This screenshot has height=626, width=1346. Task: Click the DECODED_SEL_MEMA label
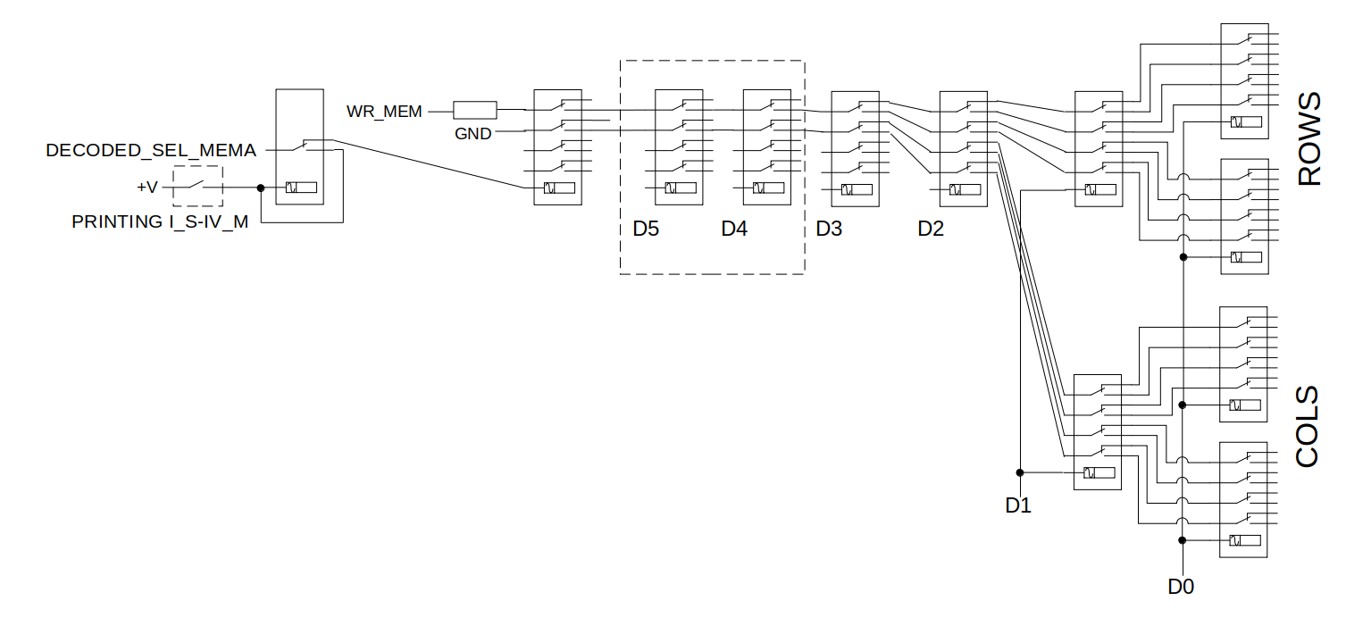151,150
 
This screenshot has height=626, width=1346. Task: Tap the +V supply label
147,188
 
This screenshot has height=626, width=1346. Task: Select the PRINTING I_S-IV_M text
160,221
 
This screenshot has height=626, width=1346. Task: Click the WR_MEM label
384,112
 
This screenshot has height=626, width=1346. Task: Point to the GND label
472,133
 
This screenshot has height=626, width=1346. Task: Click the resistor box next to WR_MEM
474,110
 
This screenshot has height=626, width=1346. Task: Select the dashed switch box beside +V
197,187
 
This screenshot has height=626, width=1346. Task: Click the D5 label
646,229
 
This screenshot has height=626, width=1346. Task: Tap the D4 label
734,229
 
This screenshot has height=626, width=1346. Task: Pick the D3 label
829,229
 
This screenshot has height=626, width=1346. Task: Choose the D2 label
931,229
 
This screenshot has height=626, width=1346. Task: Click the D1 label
1018,505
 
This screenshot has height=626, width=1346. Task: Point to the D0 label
1181,587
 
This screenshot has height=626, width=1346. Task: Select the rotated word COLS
1308,427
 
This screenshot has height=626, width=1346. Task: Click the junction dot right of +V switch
261,188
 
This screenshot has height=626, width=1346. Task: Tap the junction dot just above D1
1020,472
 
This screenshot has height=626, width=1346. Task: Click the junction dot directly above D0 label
1182,540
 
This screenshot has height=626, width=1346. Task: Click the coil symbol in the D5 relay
681,188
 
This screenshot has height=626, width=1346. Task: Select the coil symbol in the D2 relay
965,190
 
